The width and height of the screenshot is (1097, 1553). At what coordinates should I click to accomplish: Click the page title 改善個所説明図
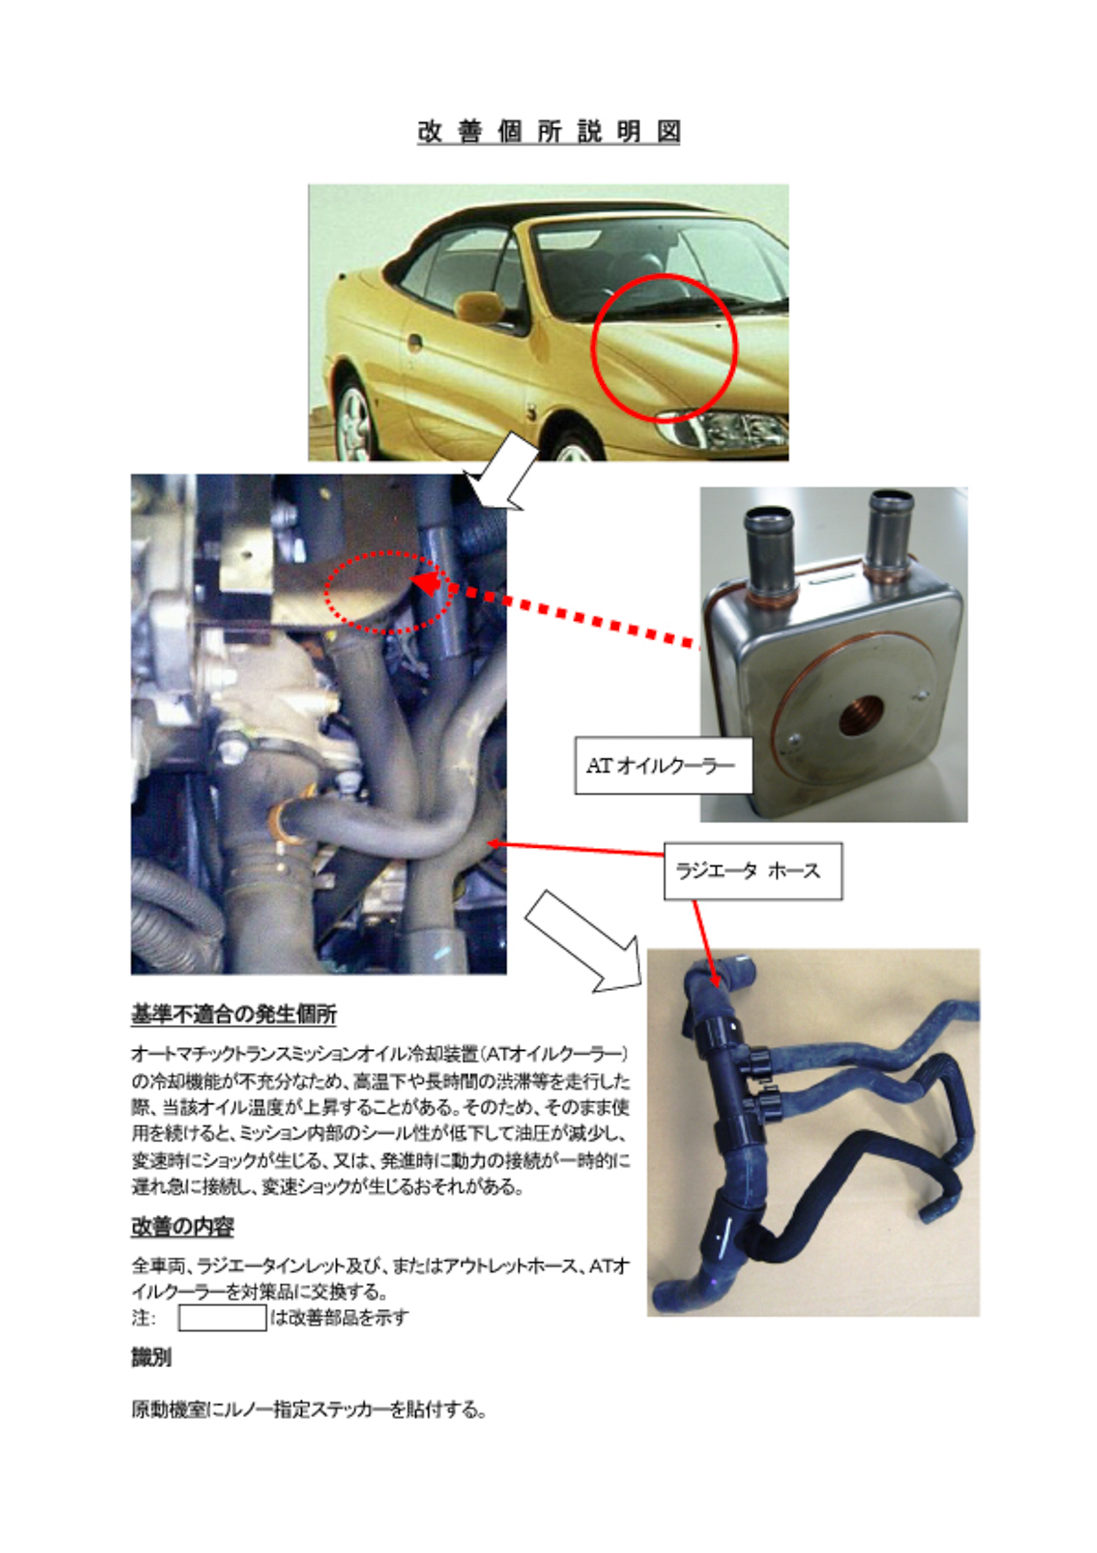[x=548, y=131]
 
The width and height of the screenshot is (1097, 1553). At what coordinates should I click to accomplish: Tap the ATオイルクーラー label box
[x=663, y=765]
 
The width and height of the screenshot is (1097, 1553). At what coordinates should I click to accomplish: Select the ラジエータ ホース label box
[x=753, y=870]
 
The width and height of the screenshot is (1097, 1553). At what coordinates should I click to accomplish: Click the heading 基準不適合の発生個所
[x=233, y=1014]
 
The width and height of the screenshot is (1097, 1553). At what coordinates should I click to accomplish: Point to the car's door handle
[x=415, y=343]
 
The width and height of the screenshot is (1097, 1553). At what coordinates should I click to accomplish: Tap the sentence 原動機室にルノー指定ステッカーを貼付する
[x=308, y=1411]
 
